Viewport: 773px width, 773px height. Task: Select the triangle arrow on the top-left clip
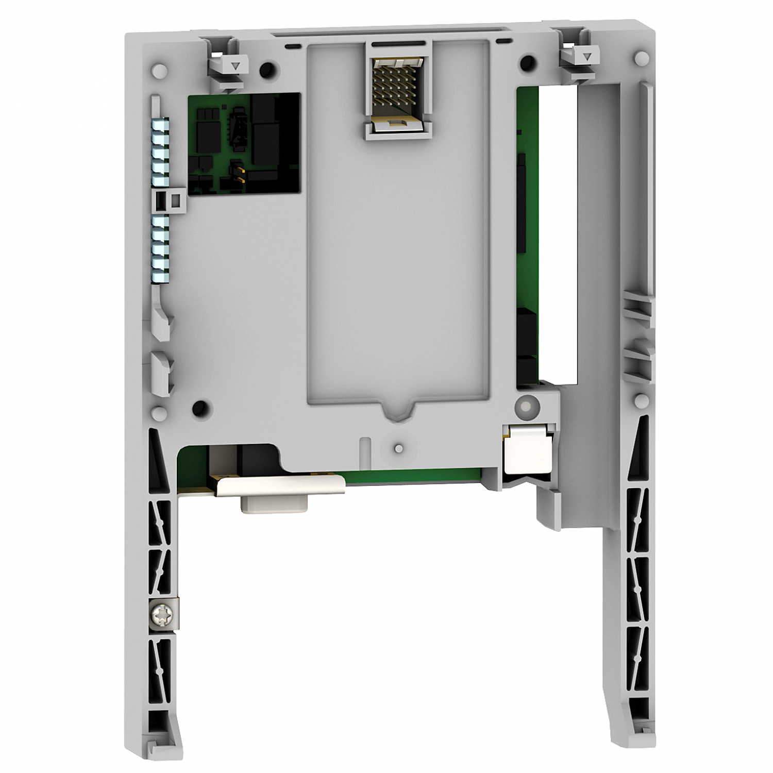(235, 66)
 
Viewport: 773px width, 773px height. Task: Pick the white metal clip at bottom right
(527, 449)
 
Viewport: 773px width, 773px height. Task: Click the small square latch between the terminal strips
(175, 198)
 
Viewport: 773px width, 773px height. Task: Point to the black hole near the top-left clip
(267, 69)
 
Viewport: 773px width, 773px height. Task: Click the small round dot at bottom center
(398, 448)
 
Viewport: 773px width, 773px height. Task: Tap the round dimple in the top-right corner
(641, 56)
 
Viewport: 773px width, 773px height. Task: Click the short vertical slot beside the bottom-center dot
(363, 447)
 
